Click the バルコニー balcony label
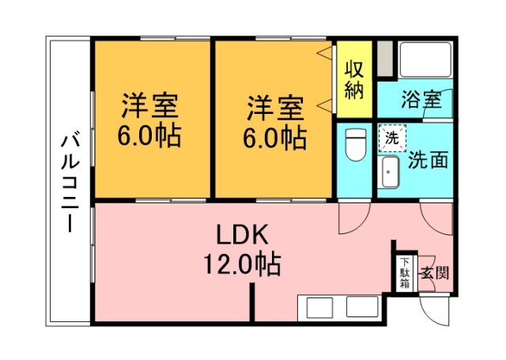coord(69,182)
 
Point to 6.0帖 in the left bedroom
coord(149,137)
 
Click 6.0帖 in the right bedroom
coord(274,138)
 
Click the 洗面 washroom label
coord(428,159)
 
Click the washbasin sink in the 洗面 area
coord(389,172)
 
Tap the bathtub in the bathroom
coord(425,59)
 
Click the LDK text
coord(244,234)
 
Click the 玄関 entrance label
coord(434,275)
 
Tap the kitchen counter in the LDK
coord(340,307)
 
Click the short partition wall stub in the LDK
coord(253,303)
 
